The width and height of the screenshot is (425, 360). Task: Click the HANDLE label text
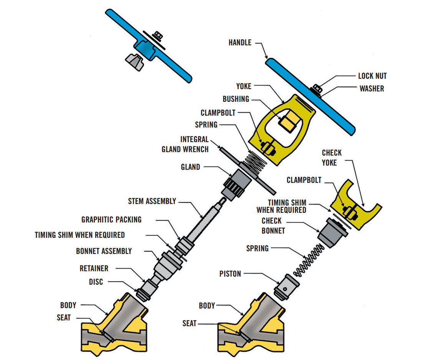tap(240, 43)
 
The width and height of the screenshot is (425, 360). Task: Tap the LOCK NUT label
tap(372, 76)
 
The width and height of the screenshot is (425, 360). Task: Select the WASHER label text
tap(372, 89)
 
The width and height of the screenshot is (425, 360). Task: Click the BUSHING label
tap(236, 99)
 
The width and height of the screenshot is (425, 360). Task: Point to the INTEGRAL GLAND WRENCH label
tap(185, 144)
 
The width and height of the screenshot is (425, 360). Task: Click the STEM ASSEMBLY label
tap(152, 201)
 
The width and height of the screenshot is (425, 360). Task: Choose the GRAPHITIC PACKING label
tap(111, 220)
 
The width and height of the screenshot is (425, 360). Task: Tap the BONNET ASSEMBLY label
tap(104, 251)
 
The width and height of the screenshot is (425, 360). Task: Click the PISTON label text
tap(230, 274)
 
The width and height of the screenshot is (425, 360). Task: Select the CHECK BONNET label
tap(272, 226)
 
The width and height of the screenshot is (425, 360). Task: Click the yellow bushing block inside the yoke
tap(288, 122)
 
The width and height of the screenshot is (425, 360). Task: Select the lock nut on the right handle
tap(318, 88)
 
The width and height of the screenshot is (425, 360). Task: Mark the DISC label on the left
tap(96, 282)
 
